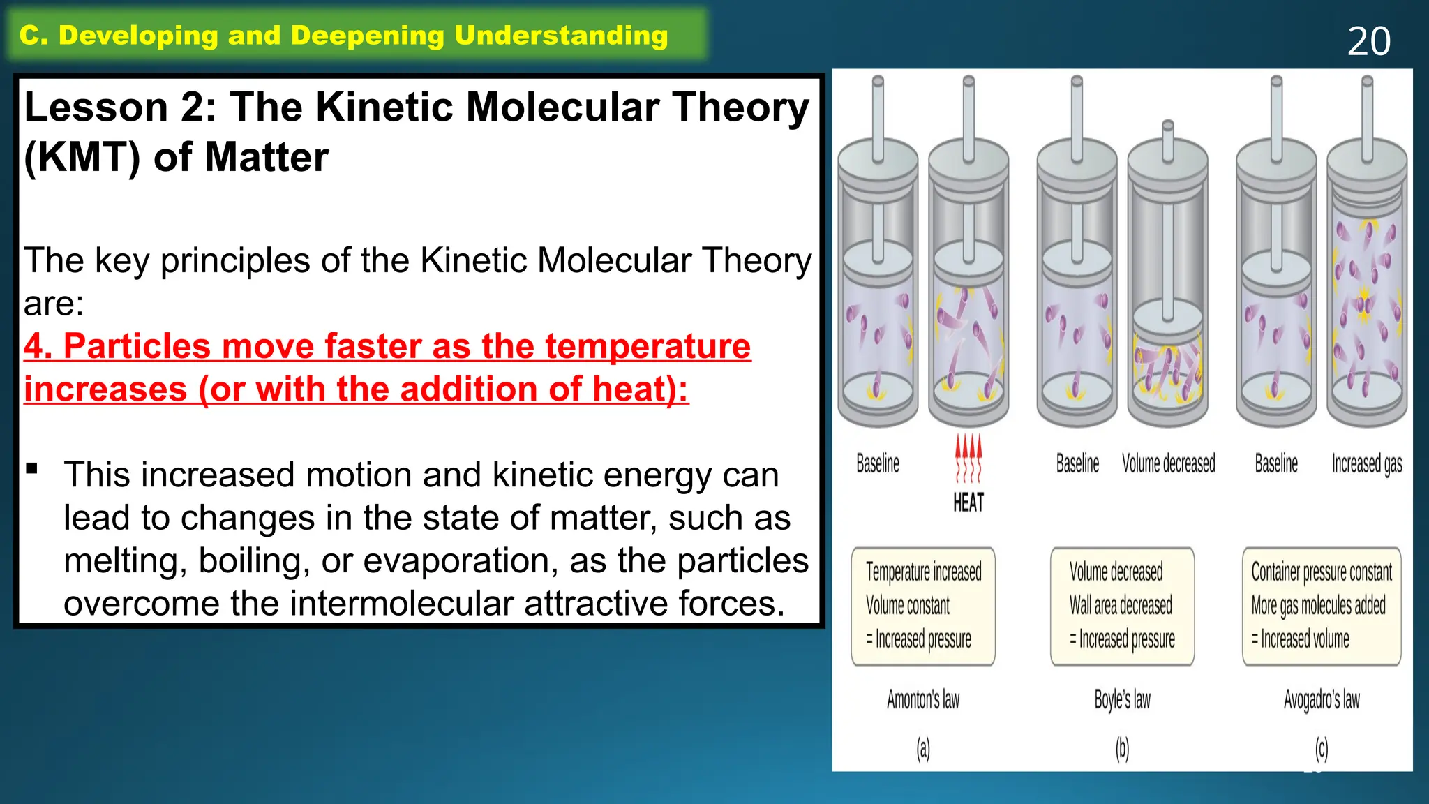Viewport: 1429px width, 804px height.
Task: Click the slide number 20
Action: click(x=1368, y=41)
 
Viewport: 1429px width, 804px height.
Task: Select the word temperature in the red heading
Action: click(x=648, y=346)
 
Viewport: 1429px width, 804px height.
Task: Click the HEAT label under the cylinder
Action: click(x=968, y=502)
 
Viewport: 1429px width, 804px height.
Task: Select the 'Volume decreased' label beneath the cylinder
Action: click(x=1168, y=464)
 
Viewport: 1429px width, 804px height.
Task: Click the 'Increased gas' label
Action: click(x=1366, y=464)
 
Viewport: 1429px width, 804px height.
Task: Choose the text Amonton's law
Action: click(x=923, y=699)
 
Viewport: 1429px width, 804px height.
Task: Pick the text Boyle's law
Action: click(x=1122, y=699)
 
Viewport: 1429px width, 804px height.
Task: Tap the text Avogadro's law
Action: click(x=1322, y=699)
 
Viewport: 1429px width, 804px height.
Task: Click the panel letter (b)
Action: click(x=1122, y=749)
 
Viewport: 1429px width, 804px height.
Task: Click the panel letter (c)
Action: click(x=1322, y=749)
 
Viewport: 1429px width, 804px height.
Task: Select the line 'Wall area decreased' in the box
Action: click(x=1121, y=606)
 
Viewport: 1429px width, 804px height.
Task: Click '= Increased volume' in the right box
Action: click(x=1301, y=639)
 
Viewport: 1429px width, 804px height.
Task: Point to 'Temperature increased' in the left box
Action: click(x=923, y=572)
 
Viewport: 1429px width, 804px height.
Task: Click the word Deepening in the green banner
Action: click(x=367, y=36)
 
